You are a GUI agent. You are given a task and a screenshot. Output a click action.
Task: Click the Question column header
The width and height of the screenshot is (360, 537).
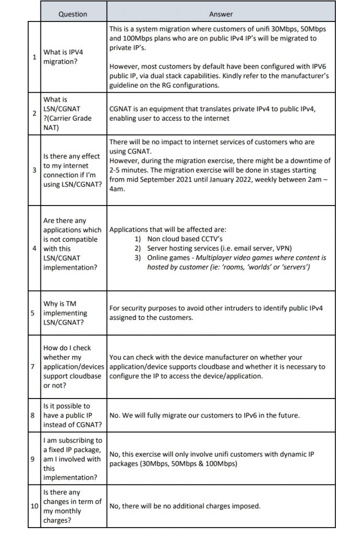click(x=72, y=14)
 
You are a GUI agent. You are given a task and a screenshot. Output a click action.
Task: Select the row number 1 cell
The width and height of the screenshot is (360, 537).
click(x=34, y=57)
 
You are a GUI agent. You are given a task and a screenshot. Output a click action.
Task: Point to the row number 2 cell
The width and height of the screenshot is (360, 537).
click(x=34, y=113)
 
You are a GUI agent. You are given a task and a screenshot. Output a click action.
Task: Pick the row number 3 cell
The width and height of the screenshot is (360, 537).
click(x=34, y=170)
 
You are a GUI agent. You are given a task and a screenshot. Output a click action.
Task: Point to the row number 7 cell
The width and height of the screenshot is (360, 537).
click(x=34, y=367)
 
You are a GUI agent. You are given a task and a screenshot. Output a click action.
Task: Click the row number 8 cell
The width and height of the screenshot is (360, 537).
click(x=34, y=415)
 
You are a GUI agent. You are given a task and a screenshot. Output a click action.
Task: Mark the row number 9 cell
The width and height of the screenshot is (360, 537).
click(x=34, y=459)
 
